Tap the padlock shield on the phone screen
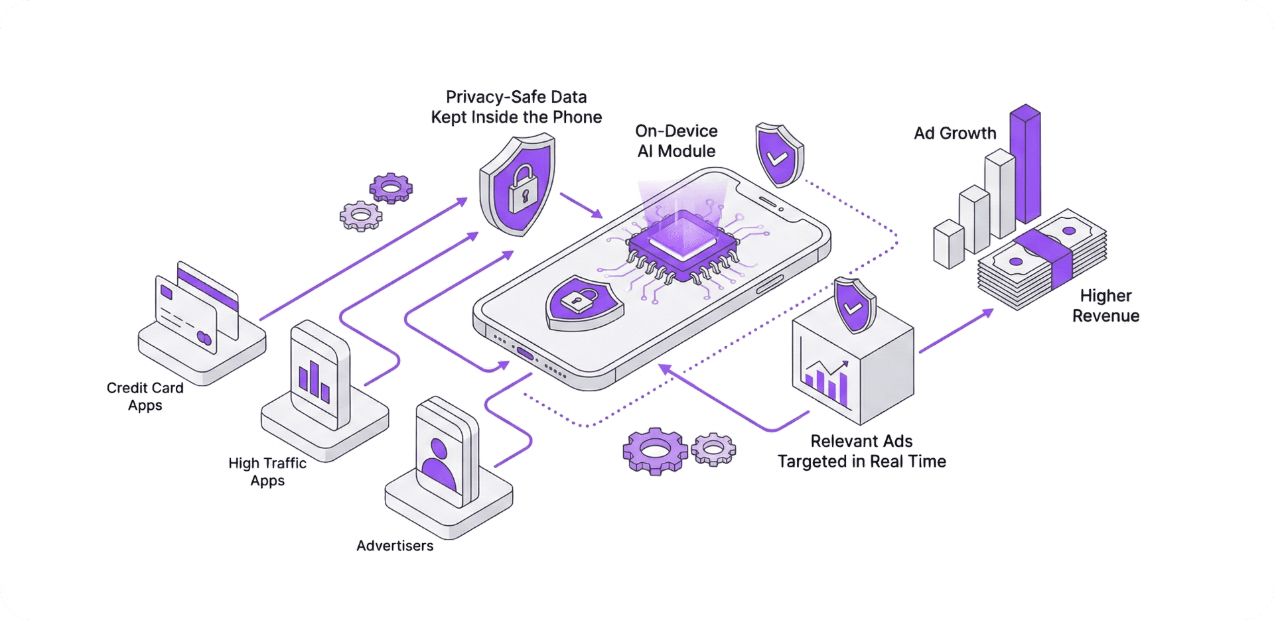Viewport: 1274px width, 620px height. click(x=583, y=303)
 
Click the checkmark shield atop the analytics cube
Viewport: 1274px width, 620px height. click(x=855, y=305)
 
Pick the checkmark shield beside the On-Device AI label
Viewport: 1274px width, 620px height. click(x=778, y=154)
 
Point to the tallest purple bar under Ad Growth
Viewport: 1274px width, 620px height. click(x=1025, y=164)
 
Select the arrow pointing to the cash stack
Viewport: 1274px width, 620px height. click(x=956, y=330)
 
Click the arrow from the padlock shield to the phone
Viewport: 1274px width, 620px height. click(x=581, y=206)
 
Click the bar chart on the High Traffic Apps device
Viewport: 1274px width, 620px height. click(x=314, y=382)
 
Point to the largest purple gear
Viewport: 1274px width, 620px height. click(x=655, y=451)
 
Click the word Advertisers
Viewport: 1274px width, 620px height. click(x=395, y=546)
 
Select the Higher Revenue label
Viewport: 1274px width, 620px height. click(x=1105, y=306)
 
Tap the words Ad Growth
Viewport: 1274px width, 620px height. click(x=955, y=133)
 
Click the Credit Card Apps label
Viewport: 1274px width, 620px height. click(x=145, y=397)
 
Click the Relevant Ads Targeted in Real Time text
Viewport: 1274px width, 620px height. click(x=861, y=452)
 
